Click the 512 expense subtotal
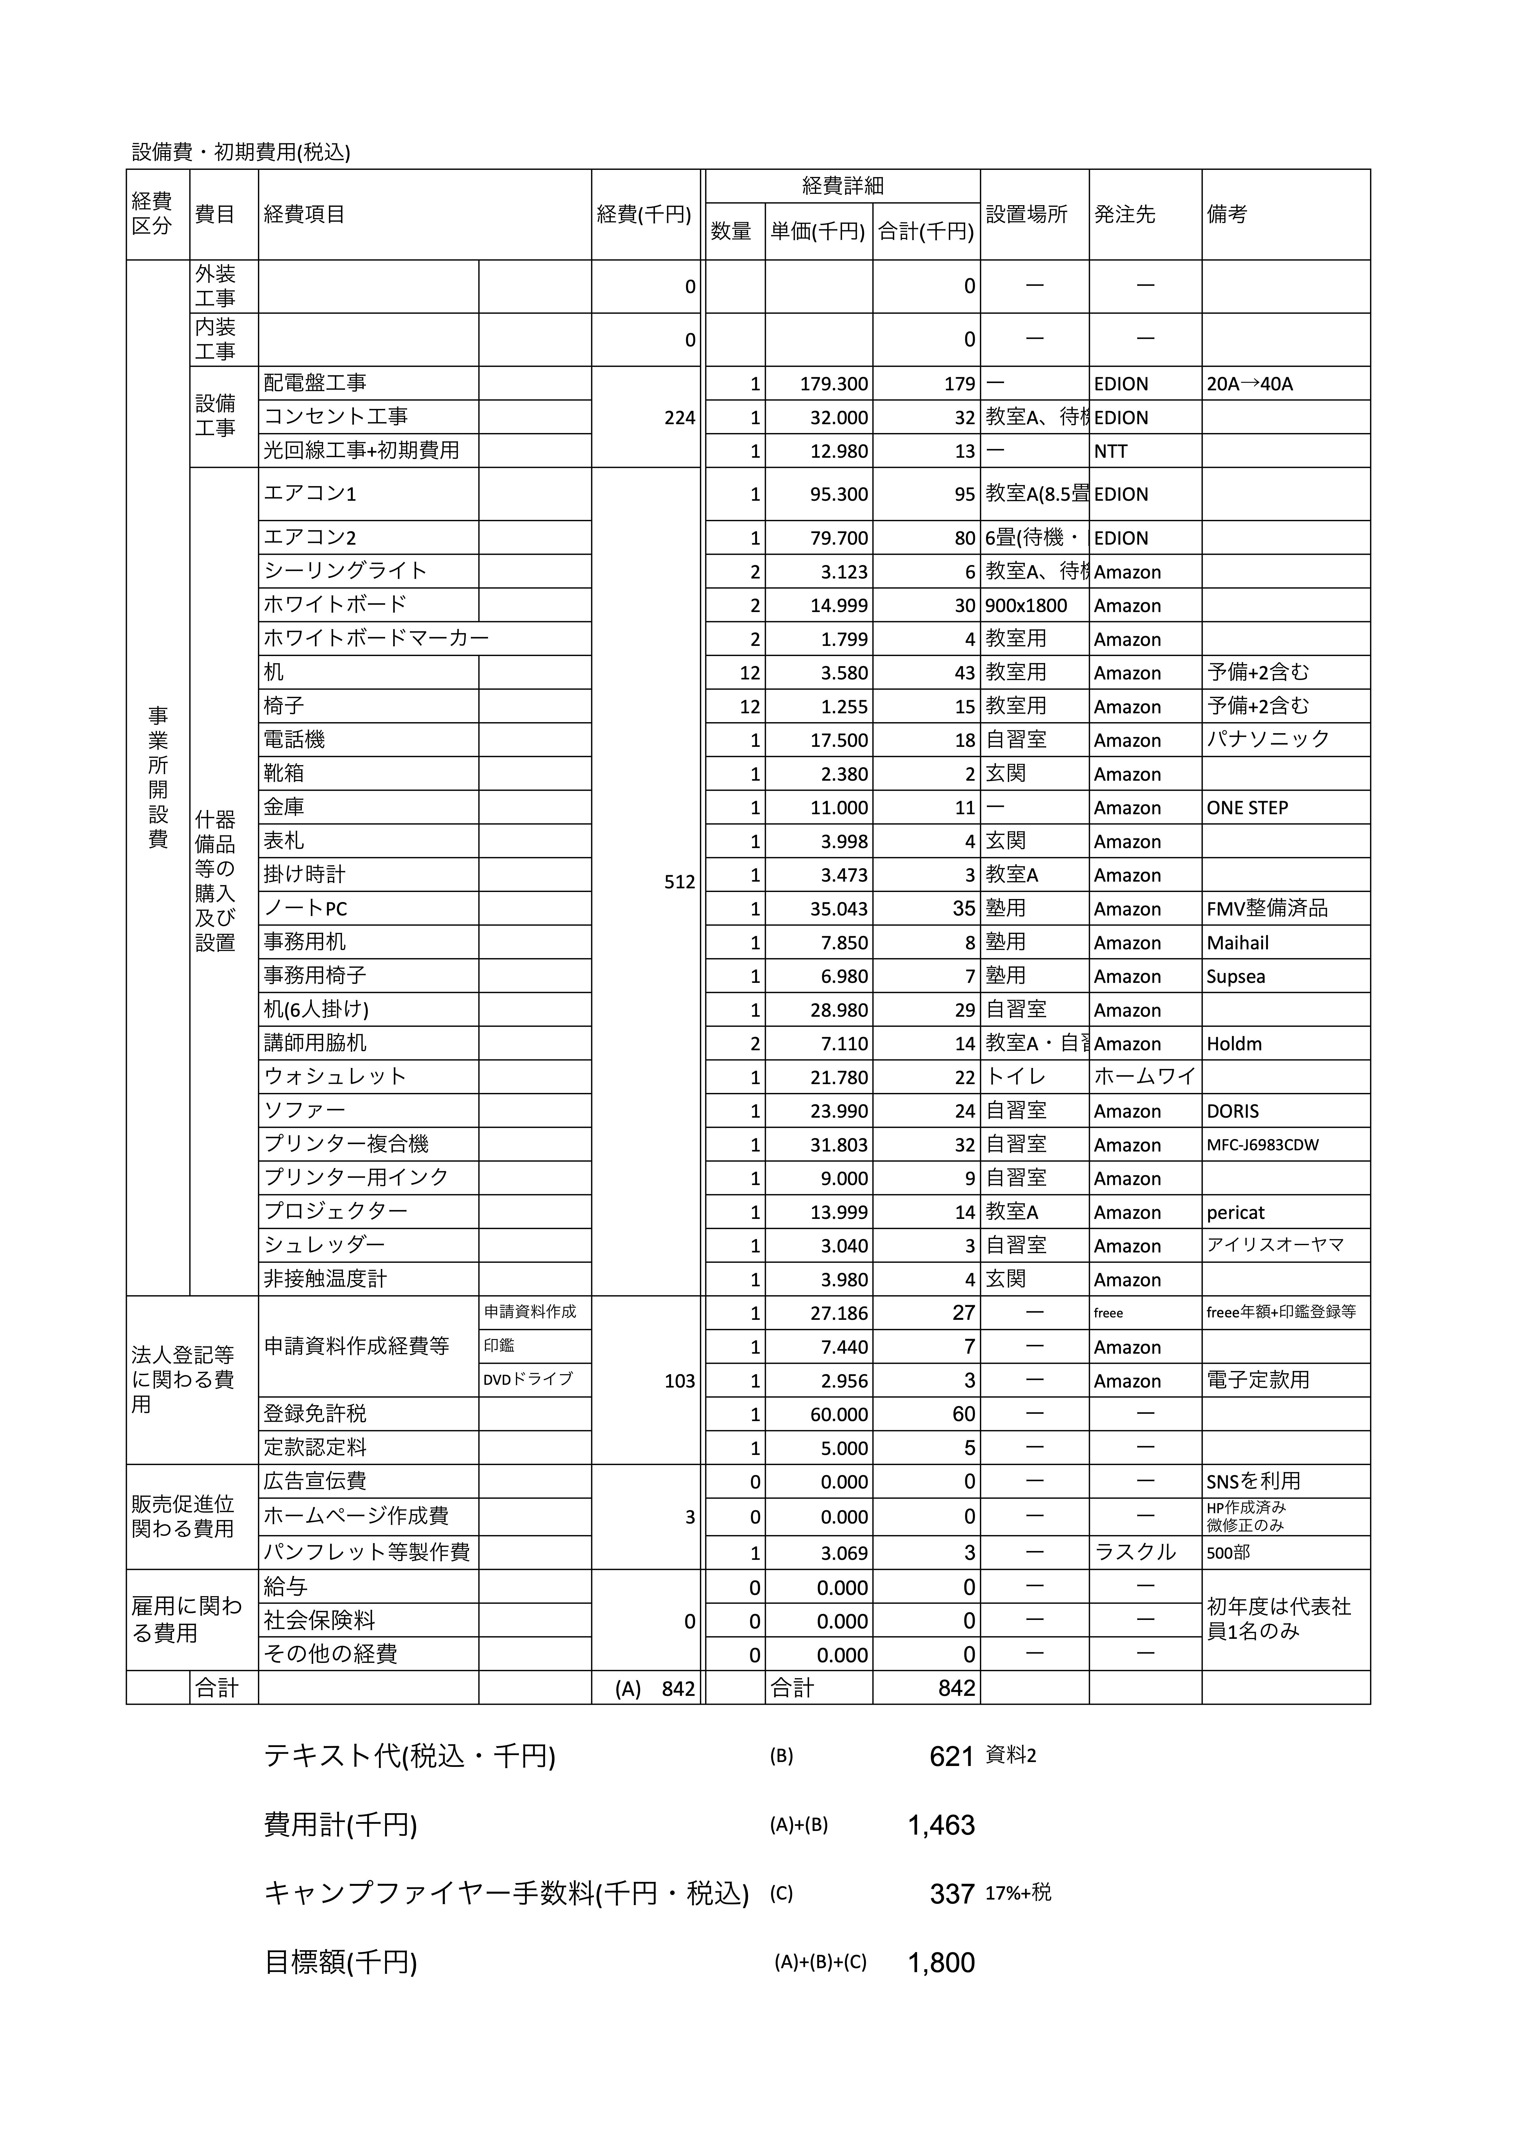pyautogui.click(x=679, y=882)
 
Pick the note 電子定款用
pyautogui.click(x=1258, y=1381)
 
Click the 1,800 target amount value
pyautogui.click(x=941, y=1963)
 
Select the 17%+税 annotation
pyautogui.click(x=1018, y=1893)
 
